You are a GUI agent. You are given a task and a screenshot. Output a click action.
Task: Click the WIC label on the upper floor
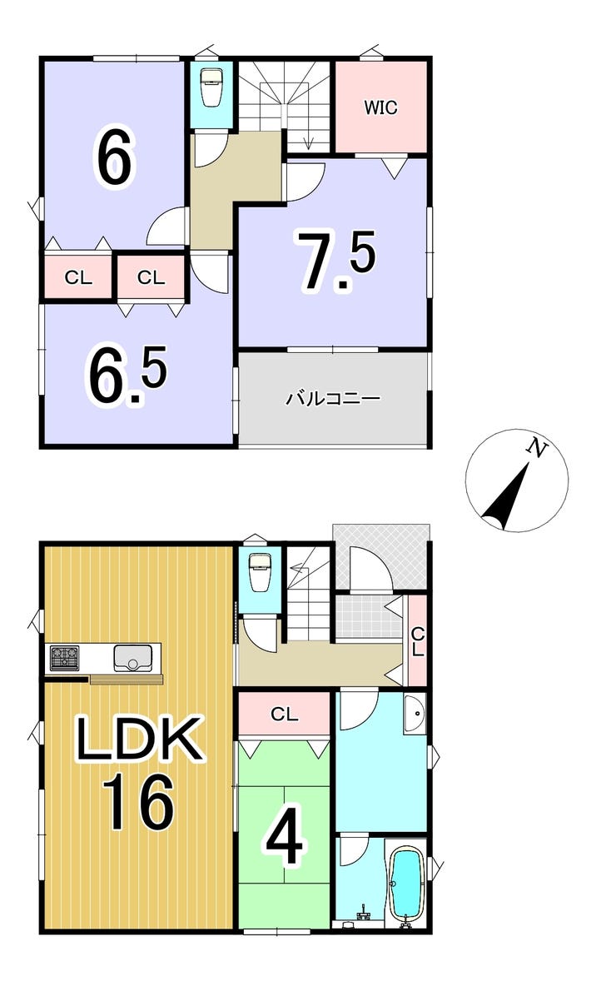tap(380, 107)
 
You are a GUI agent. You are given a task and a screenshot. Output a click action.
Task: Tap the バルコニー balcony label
tap(333, 399)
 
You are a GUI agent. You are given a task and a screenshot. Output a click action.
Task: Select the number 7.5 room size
tap(338, 261)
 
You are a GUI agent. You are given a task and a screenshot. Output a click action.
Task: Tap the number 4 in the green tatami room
tap(284, 842)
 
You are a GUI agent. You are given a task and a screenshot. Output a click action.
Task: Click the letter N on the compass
tap(538, 450)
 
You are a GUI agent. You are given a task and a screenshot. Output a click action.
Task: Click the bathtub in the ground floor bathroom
tap(406, 884)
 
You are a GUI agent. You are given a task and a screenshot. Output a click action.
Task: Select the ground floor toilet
tap(260, 570)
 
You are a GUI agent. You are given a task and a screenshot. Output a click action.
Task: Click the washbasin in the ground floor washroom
tap(414, 715)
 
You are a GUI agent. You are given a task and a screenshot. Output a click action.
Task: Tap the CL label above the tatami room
tap(284, 715)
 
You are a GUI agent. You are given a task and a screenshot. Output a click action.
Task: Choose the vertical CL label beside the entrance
tap(418, 641)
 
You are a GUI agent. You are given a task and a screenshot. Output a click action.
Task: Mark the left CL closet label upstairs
tap(78, 278)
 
